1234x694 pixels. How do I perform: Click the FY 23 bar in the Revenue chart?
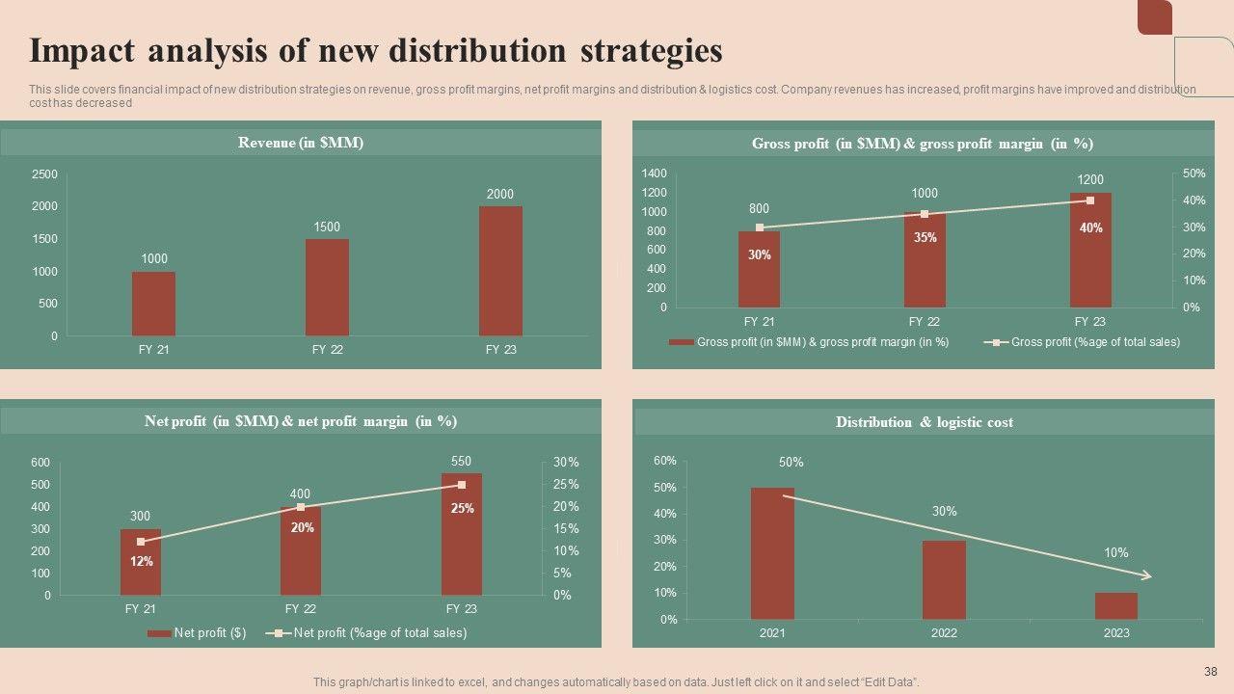[500, 271]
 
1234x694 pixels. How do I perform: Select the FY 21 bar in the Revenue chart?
[153, 304]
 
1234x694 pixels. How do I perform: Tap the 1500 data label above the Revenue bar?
[327, 227]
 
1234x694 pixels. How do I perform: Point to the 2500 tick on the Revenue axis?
[44, 174]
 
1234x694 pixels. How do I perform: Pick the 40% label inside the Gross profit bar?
[1090, 228]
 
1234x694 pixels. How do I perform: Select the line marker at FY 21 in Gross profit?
[760, 227]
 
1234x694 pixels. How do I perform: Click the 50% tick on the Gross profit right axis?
[1194, 173]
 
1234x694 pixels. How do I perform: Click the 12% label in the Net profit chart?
[141, 561]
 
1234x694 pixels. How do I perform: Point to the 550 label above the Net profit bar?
[462, 462]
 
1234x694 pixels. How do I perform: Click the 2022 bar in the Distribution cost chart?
[944, 579]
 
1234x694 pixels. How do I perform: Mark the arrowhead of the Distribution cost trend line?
[1147, 576]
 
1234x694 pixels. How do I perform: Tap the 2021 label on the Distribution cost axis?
[772, 633]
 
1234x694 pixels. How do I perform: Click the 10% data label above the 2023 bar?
[1115, 553]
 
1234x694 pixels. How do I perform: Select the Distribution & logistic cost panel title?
[924, 422]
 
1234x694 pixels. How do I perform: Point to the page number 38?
[1211, 672]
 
